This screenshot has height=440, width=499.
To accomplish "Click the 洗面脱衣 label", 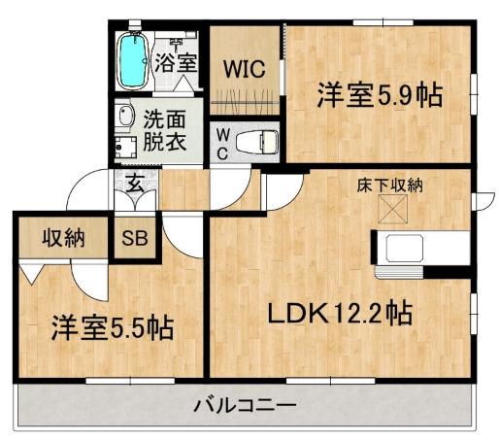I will tap(166, 130).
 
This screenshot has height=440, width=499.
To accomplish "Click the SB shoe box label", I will tap(134, 239).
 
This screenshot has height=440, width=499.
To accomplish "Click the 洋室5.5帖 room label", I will tap(112, 327).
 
